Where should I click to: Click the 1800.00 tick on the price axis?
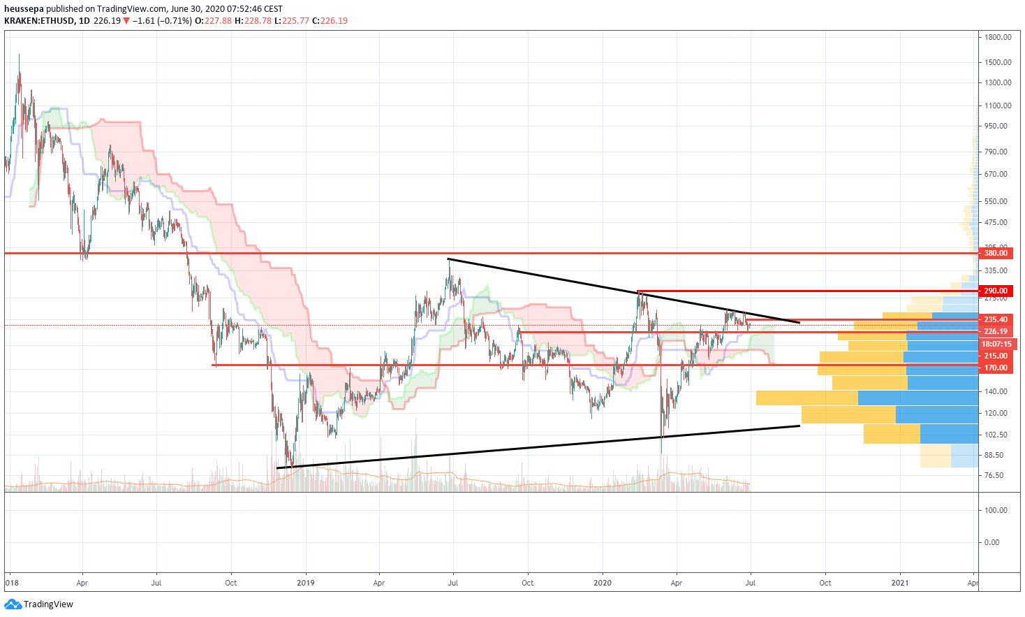click(998, 37)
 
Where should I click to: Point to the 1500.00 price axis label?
click(998, 62)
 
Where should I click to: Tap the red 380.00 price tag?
click(996, 253)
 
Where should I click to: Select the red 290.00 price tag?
click(996, 291)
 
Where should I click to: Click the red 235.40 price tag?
click(996, 320)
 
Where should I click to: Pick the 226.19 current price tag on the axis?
click(996, 332)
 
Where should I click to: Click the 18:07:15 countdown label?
click(996, 344)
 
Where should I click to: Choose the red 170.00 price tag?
click(996, 368)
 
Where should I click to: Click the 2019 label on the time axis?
click(305, 583)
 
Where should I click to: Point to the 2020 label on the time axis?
click(602, 583)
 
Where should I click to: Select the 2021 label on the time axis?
click(900, 583)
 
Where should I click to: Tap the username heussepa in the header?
click(24, 9)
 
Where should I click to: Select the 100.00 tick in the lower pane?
click(996, 510)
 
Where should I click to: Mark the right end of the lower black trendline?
click(799, 426)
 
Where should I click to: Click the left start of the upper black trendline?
click(448, 259)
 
